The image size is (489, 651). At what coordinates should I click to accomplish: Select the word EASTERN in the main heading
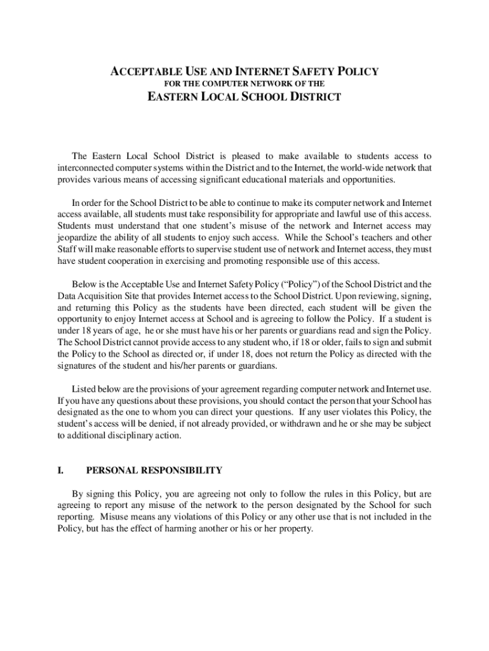click(173, 97)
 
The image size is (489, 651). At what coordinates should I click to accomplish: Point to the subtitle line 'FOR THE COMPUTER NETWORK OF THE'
click(245, 83)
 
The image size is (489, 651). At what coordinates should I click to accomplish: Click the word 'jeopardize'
click(79, 236)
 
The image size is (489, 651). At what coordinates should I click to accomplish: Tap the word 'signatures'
click(79, 366)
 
